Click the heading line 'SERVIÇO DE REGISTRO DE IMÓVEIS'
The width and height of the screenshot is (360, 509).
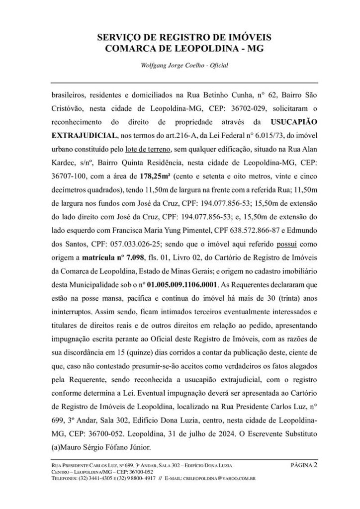tap(180, 37)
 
